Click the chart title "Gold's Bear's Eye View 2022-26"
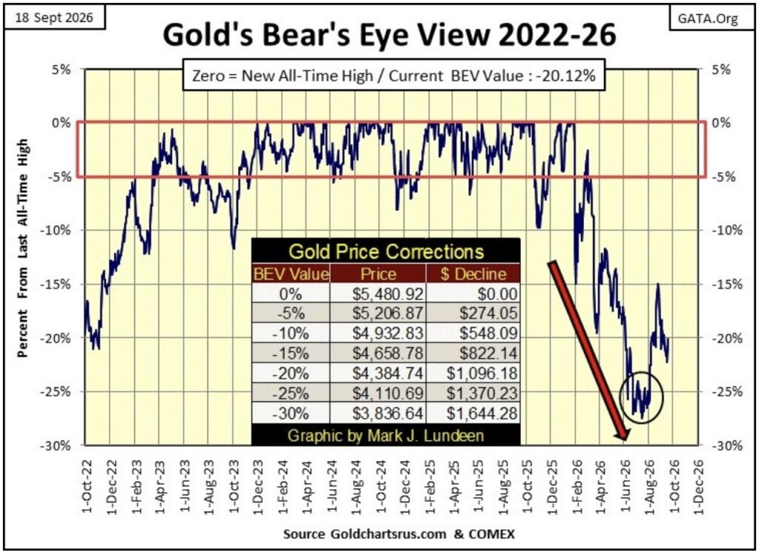click(389, 36)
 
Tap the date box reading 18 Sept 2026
click(53, 18)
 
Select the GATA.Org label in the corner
click(707, 19)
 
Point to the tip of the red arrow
click(626, 440)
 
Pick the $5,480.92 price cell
click(388, 294)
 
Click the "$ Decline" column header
click(473, 274)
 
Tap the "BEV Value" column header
click(291, 274)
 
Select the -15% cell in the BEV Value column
click(291, 353)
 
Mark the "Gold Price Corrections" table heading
click(386, 252)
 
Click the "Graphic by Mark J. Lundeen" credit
click(385, 435)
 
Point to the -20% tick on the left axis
click(58, 338)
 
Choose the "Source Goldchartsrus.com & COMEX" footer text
click(399, 534)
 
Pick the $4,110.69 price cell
click(388, 393)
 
